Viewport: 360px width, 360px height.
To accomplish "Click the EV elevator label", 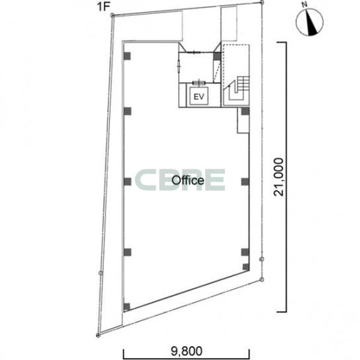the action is coord(199,97).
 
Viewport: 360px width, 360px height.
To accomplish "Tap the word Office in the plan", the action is coord(188,180).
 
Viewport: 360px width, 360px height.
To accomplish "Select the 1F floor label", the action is coord(103,7).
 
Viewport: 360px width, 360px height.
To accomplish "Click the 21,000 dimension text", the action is coord(279,177).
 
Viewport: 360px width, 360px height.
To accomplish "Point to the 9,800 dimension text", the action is coord(187,351).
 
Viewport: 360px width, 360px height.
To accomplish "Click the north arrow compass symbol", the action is coord(310,22).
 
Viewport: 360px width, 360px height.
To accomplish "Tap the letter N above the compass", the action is coord(304,5).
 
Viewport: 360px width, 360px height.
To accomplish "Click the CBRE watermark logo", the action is coord(180,180).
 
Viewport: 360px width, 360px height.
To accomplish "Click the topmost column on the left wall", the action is coord(127,56).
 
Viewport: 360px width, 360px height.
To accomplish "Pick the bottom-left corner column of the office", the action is coord(127,307).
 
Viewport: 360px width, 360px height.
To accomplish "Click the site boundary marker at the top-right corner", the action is coord(262,2).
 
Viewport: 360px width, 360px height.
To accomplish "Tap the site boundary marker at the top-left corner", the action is coord(112,15).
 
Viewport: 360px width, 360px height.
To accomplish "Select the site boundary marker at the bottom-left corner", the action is coord(98,336).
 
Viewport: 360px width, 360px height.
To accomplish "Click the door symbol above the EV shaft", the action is coord(199,83).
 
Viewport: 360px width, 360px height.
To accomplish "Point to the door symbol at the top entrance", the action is coord(195,52).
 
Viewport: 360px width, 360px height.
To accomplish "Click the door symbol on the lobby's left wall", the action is coord(179,66).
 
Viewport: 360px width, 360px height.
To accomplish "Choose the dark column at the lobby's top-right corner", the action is coord(217,56).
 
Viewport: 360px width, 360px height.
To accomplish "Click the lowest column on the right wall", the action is coord(246,267).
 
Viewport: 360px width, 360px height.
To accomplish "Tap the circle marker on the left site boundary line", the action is coord(101,273).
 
